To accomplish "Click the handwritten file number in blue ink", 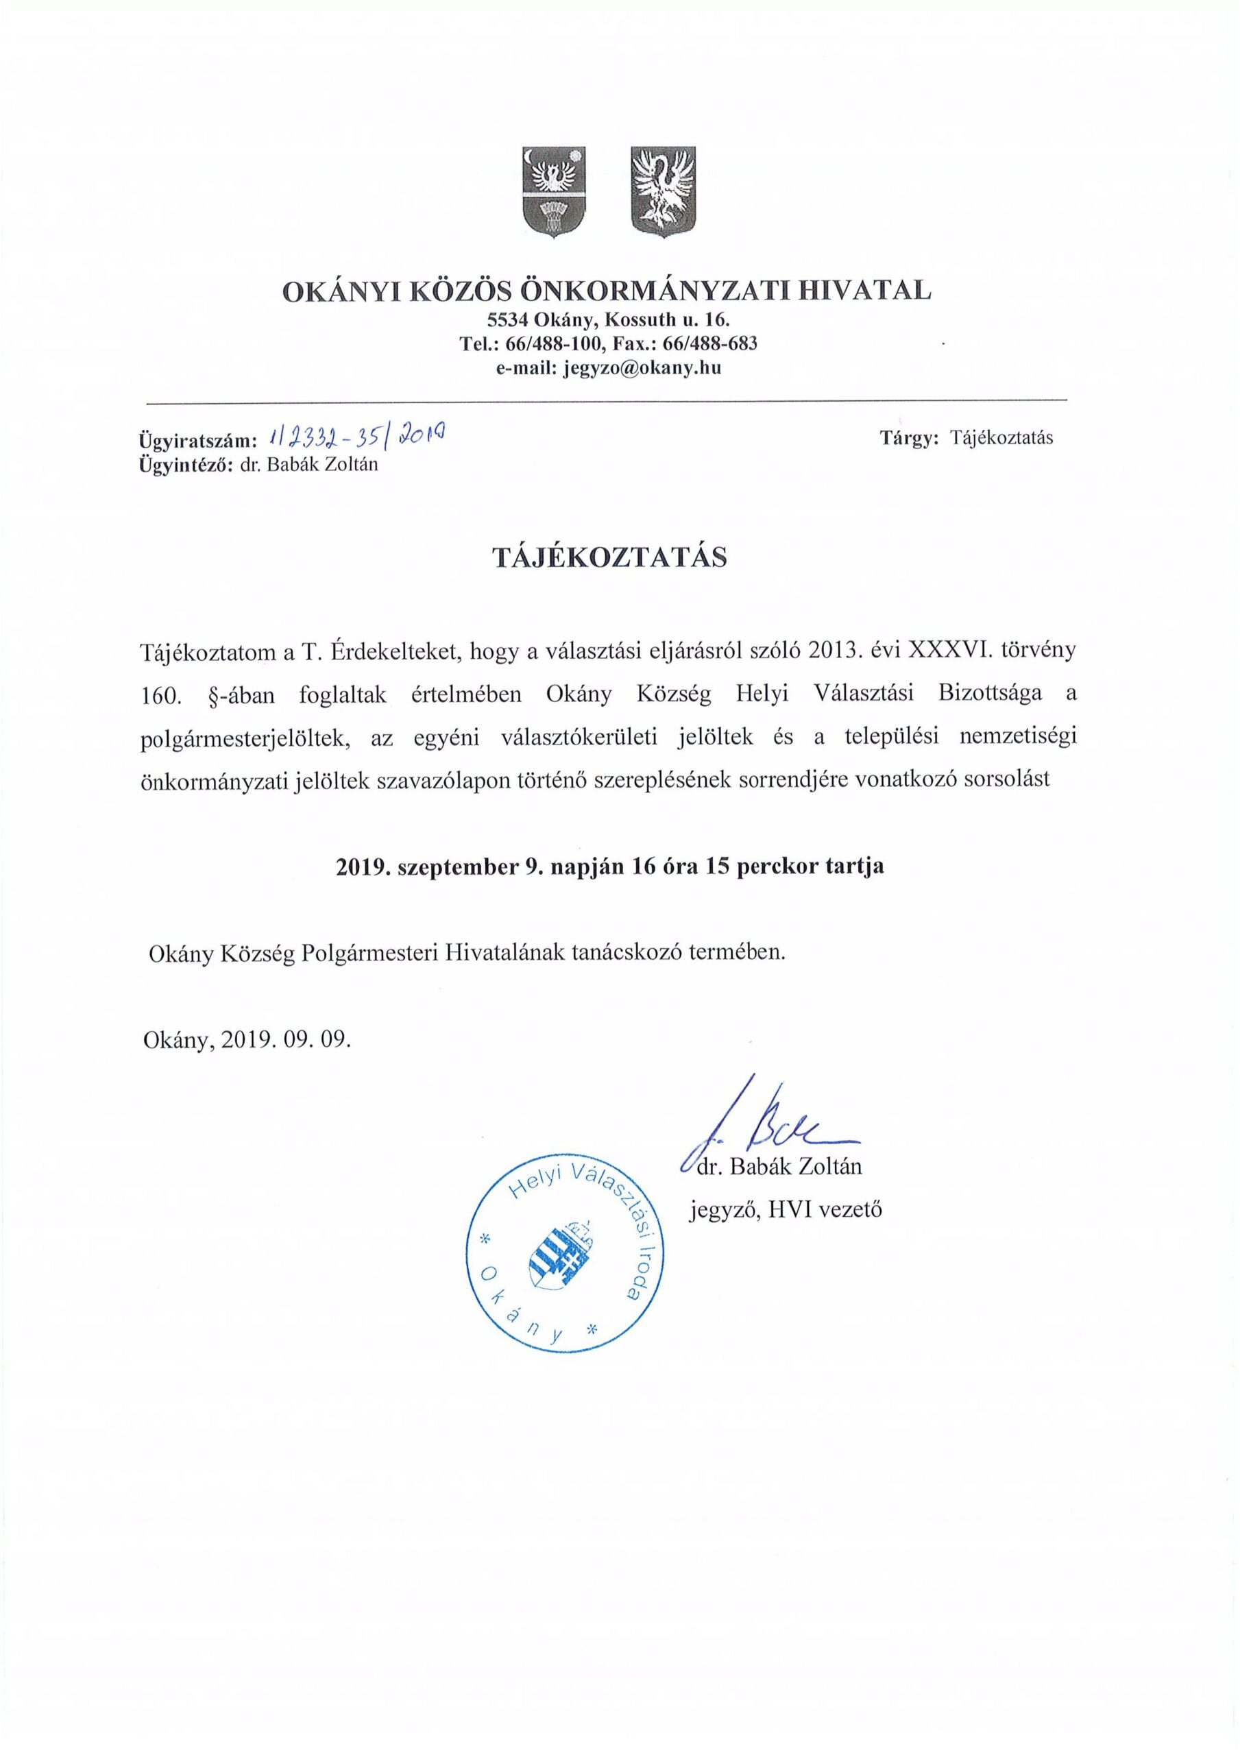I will pyautogui.click(x=358, y=437).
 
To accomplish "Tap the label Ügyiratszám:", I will pyautogui.click(x=196, y=440).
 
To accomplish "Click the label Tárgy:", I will pyautogui.click(x=909, y=438).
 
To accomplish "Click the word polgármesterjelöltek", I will pyautogui.click(x=245, y=737).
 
